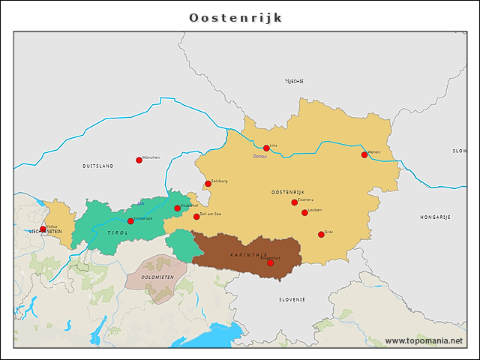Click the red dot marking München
tap(139, 160)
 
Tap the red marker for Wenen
tap(364, 155)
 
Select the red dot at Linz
tap(266, 148)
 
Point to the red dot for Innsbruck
tap(130, 221)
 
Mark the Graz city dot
tap(321, 235)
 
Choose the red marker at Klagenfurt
tap(270, 263)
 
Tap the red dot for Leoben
tap(304, 213)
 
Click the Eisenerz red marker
tap(294, 202)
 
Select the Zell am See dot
tap(196, 217)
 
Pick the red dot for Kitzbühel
tap(178, 208)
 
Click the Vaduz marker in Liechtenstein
tap(43, 229)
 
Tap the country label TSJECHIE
tap(294, 81)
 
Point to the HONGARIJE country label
tap(435, 217)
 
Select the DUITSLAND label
tap(98, 165)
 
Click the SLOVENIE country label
tap(292, 299)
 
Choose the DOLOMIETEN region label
tap(157, 277)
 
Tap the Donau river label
tap(259, 157)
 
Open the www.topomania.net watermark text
tap(424, 340)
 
